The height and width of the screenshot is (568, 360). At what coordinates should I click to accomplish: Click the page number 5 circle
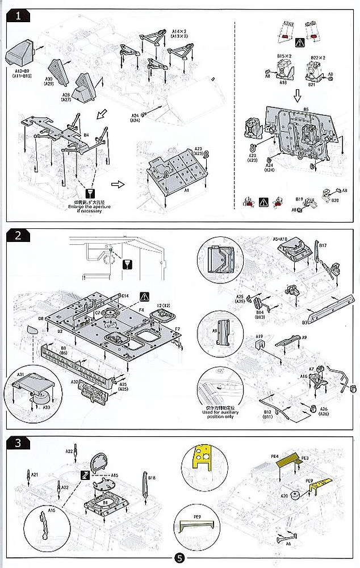coord(179,558)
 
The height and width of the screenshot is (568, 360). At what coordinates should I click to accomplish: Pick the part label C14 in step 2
coord(125,296)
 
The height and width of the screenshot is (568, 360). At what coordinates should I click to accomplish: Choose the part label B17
coord(323,245)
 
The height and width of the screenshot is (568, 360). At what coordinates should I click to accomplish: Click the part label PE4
coord(275,456)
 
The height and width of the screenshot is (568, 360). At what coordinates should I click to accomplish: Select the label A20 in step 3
coord(284,496)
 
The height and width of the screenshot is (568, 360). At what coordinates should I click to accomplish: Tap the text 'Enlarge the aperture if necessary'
coord(87,210)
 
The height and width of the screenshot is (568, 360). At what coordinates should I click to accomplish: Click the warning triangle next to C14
coord(145,296)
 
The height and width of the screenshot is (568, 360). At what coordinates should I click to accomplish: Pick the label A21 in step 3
coord(34,474)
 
